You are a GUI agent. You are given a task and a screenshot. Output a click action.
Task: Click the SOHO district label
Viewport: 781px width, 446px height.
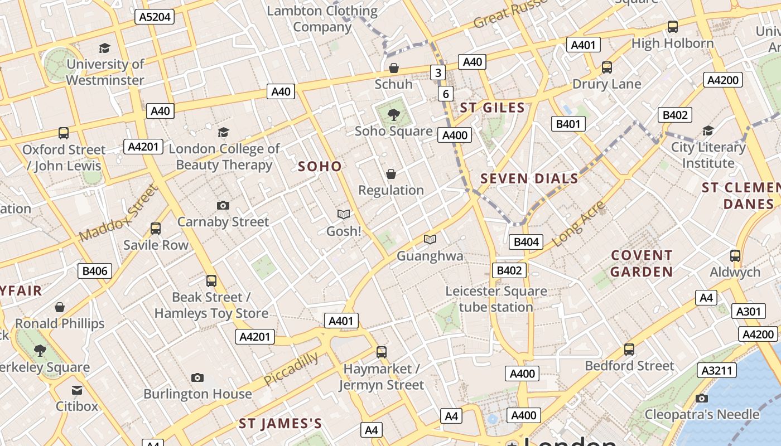(x=320, y=166)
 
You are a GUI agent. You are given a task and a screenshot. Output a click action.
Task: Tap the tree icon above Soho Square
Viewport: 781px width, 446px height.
(x=394, y=115)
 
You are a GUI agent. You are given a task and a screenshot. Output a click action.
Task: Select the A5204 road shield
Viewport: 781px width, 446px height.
(x=155, y=17)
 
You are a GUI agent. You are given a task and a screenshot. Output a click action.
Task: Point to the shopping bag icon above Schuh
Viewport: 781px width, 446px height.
(x=394, y=68)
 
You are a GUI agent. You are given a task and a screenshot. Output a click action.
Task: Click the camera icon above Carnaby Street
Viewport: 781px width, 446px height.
(x=223, y=205)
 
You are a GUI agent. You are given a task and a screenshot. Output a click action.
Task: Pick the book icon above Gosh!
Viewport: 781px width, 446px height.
(x=344, y=214)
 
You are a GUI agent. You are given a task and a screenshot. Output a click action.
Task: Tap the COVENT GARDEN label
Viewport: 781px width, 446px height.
(x=642, y=264)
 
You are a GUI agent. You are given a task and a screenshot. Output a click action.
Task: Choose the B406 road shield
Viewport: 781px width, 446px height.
(x=94, y=271)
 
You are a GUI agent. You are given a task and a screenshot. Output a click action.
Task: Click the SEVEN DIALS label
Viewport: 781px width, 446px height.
(x=529, y=178)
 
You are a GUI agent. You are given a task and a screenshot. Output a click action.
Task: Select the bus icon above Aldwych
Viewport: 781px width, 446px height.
(x=735, y=256)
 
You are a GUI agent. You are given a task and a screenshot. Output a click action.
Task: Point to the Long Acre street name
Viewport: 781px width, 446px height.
(x=578, y=224)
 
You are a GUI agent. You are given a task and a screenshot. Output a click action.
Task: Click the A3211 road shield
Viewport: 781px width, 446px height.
(x=717, y=370)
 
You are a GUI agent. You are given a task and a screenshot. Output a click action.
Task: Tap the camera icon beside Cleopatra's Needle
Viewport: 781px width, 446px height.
(x=702, y=398)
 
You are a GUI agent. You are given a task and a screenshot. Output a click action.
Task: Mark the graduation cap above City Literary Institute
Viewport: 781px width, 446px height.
(x=708, y=130)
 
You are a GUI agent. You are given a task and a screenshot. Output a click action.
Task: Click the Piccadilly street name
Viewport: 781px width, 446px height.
(x=291, y=369)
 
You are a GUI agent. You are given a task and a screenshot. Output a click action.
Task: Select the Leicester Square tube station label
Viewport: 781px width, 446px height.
(x=496, y=299)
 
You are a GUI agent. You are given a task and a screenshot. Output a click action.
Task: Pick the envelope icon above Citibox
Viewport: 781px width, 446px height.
(x=77, y=390)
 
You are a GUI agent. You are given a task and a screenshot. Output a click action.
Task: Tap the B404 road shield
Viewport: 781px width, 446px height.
(x=526, y=241)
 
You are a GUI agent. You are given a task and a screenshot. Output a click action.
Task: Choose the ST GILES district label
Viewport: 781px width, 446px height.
(x=492, y=108)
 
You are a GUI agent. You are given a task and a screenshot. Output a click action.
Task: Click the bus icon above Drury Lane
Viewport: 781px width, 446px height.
(x=607, y=68)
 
